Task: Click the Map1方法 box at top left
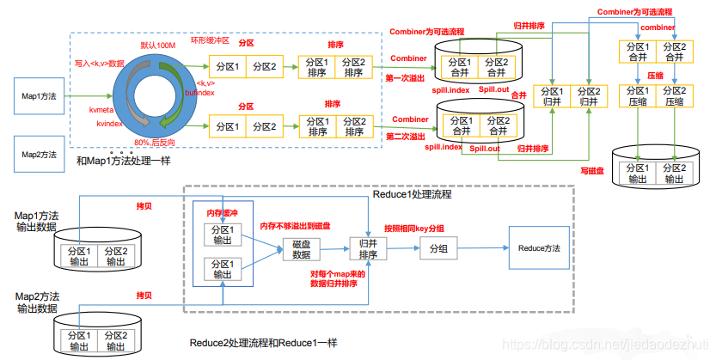(39, 97)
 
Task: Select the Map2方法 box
(39, 154)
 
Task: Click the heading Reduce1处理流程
(412, 195)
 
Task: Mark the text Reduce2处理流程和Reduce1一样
(262, 343)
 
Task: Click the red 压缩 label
(654, 75)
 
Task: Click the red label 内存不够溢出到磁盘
(297, 225)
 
